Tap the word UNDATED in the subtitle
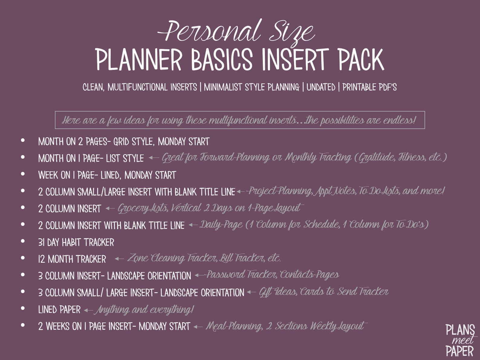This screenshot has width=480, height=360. point(321,87)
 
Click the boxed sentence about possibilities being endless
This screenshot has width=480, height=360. point(240,120)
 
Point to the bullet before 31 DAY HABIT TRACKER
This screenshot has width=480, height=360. point(23,241)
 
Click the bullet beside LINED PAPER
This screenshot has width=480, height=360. point(23,308)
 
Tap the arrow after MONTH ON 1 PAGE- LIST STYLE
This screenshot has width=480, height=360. point(154,157)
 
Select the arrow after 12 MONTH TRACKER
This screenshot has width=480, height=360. point(119,259)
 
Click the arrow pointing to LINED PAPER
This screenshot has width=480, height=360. point(88,310)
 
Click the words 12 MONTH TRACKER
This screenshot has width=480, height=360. point(72,259)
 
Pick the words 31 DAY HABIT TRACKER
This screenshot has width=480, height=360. point(76,242)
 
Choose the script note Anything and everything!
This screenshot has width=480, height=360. point(144,310)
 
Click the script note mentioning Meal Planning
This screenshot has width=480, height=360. point(285,326)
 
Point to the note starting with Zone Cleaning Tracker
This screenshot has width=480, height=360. point(204,258)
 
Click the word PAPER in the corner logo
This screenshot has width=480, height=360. point(459,351)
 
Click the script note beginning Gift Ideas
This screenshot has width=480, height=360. point(323,292)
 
